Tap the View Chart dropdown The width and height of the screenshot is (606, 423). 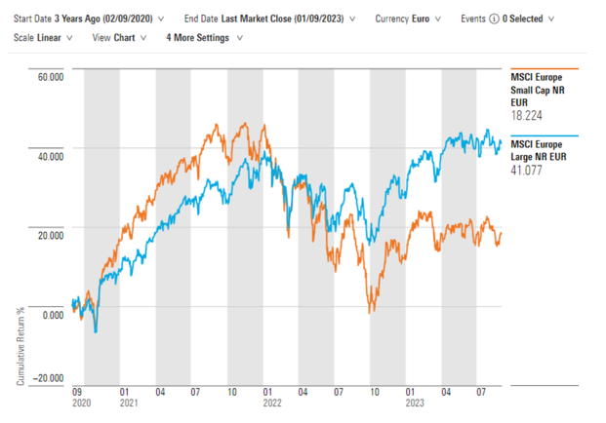119,38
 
